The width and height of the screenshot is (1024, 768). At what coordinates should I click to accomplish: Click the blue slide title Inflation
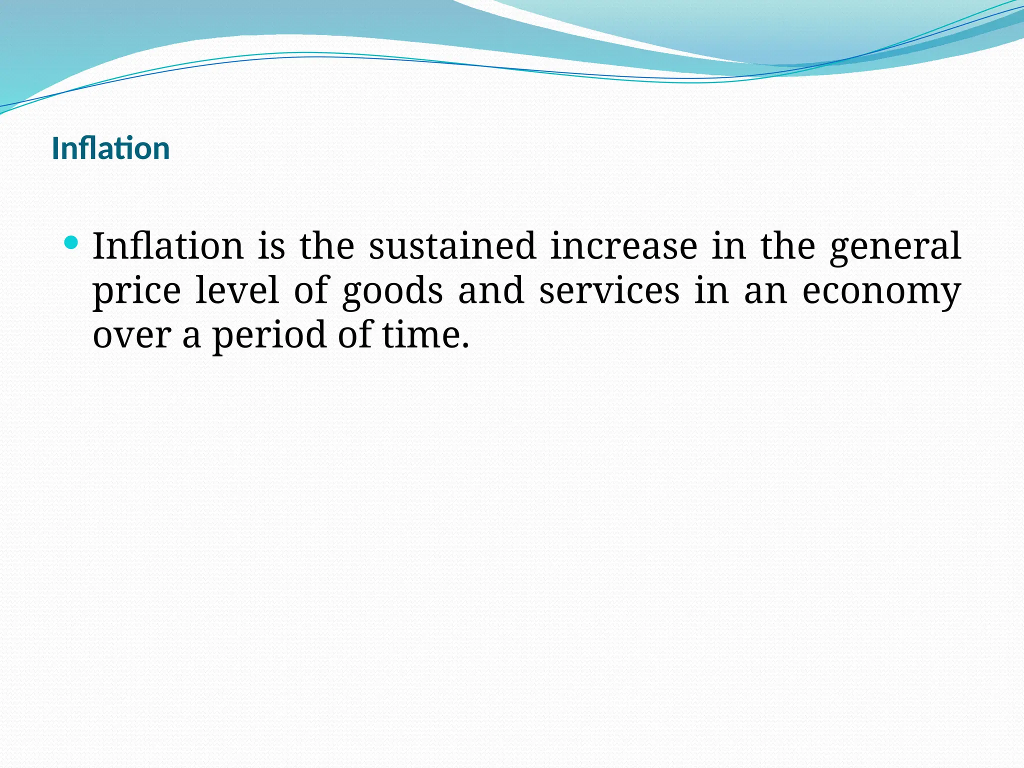[x=110, y=148]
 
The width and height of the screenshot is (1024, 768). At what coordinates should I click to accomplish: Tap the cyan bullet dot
[x=71, y=243]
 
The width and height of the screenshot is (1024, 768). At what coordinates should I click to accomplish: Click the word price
[x=137, y=291]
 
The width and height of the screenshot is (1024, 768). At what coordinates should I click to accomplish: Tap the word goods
[x=392, y=291]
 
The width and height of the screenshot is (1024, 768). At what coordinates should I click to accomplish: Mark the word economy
[x=881, y=291]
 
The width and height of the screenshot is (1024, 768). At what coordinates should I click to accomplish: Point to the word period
[x=269, y=335]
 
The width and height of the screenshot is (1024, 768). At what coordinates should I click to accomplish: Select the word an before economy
[x=765, y=291]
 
